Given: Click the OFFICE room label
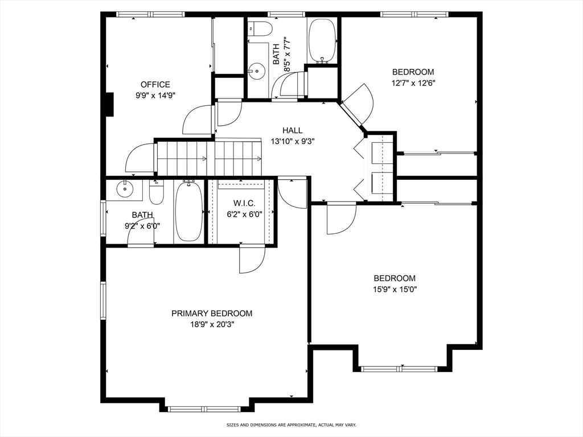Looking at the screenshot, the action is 155,84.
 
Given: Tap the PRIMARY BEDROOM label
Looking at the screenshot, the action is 212,314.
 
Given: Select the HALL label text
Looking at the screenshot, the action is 292,130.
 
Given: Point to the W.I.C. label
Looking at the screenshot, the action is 244,203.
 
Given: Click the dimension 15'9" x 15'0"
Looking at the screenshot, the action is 395,290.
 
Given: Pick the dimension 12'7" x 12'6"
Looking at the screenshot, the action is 413,83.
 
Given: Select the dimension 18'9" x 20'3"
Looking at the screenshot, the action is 212,324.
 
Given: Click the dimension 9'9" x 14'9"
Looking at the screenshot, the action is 155,96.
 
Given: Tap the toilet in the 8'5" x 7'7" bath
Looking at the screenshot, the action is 260,27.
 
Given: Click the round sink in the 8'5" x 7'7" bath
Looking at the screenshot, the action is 256,70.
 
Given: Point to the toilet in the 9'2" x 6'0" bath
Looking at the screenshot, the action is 156,191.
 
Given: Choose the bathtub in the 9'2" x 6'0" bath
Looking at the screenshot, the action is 189,211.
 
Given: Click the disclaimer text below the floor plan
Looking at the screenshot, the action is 291,424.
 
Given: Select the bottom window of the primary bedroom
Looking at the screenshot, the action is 206,409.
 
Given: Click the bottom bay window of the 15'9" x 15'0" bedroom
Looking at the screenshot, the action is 399,369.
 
